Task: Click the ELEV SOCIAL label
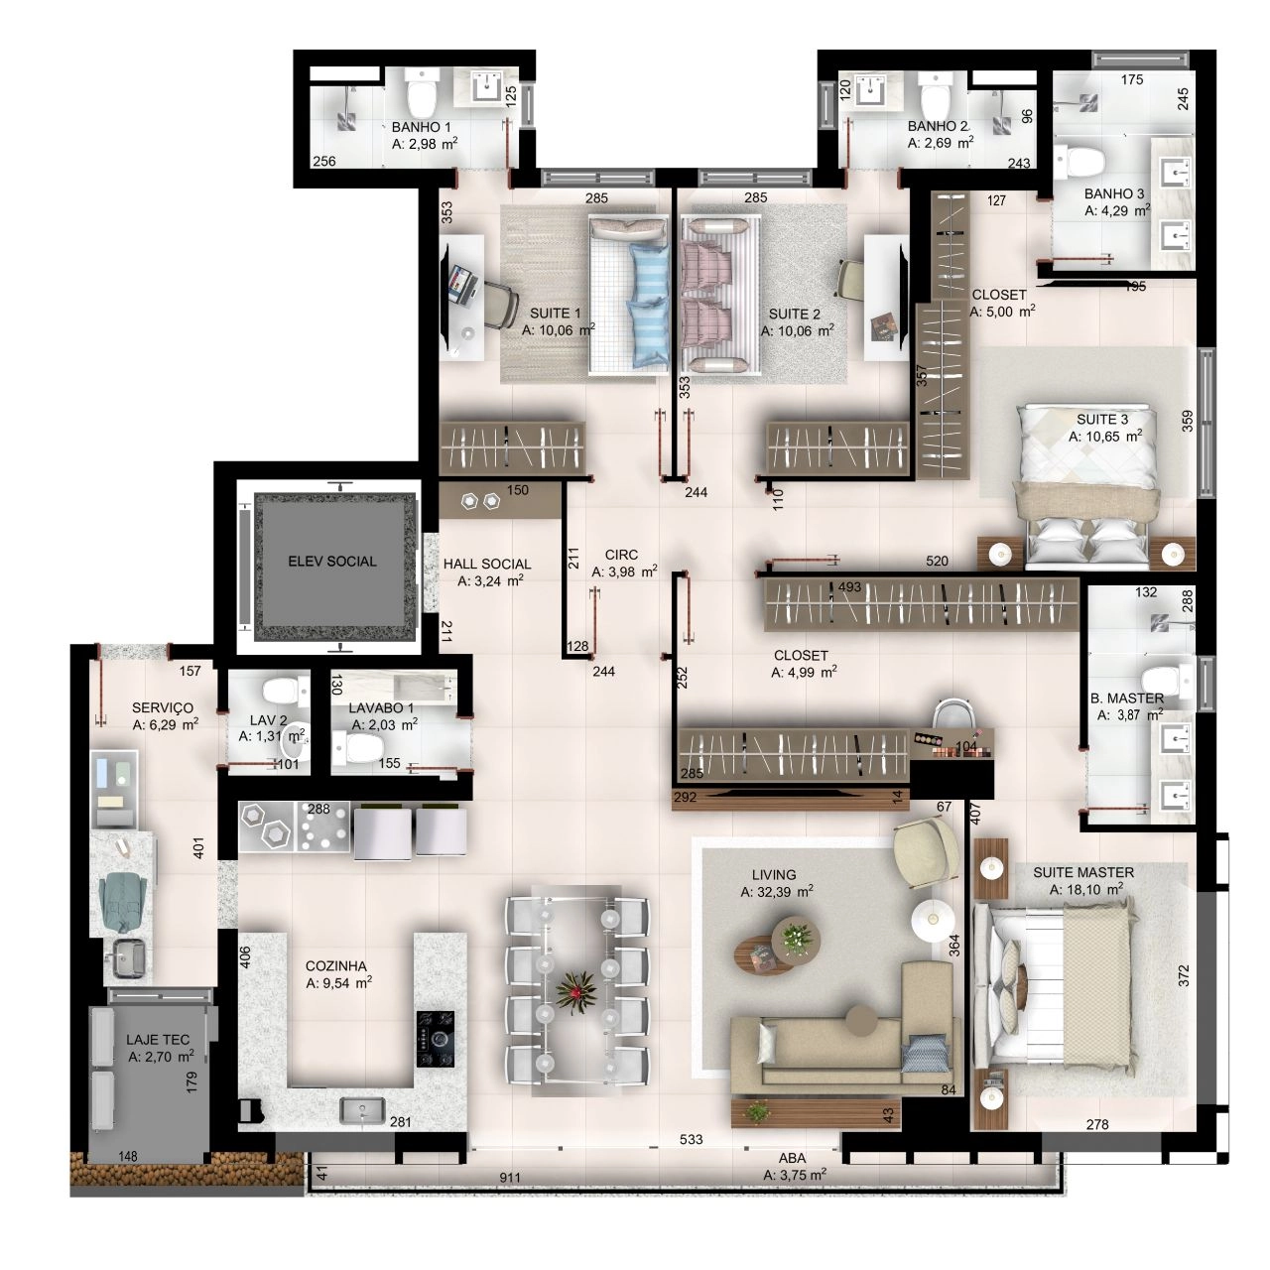click(x=332, y=562)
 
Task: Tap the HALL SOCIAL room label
click(x=487, y=565)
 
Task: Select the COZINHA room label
click(x=336, y=966)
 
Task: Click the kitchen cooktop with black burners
click(x=436, y=1040)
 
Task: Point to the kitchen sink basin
click(x=362, y=1110)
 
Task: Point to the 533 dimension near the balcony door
click(x=691, y=1139)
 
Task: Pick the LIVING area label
click(x=774, y=874)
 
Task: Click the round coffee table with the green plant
click(x=796, y=937)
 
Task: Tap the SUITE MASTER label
click(x=1083, y=872)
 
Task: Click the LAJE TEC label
click(x=158, y=1040)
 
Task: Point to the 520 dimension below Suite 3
click(x=937, y=561)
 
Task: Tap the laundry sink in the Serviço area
click(x=129, y=958)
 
